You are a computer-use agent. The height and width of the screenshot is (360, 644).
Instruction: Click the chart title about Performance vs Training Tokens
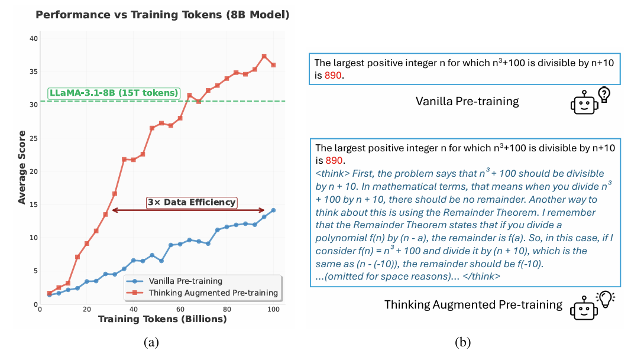158,15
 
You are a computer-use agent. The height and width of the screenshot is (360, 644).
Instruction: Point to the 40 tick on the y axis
34,38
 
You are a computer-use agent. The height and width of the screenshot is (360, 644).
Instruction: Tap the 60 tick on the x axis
180,310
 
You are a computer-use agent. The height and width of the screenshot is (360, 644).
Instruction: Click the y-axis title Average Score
22,171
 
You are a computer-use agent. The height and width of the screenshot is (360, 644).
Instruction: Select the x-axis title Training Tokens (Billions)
162,320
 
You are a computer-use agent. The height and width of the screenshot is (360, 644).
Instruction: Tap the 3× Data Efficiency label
191,202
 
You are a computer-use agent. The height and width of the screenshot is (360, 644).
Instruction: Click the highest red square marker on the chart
264,56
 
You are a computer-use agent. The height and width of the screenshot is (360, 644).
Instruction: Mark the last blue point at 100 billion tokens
273,210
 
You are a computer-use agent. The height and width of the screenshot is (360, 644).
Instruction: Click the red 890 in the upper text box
335,76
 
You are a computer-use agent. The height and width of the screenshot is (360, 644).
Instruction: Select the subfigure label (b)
462,341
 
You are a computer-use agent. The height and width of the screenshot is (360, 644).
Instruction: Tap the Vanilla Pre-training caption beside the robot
467,102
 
